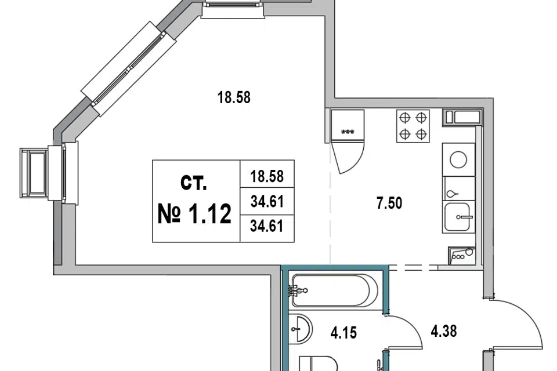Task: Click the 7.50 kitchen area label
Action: coord(389,203)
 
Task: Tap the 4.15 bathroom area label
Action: coord(343,333)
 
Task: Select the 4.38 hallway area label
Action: coord(444,331)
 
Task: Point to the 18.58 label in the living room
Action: coord(234,97)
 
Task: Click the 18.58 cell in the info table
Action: coord(267,176)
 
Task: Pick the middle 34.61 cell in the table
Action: coord(267,202)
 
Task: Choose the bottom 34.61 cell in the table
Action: coord(267,226)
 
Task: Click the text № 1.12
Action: coord(195,214)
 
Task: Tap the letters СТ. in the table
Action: coord(194,183)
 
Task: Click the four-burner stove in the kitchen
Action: coord(413,126)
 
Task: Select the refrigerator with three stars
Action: coord(348,126)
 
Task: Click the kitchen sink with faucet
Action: coord(458,217)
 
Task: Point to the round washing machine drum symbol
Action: coord(458,160)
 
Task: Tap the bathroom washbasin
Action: coord(301,329)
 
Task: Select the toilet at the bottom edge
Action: coord(318,363)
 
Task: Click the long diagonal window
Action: coord(129,69)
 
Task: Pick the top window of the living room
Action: coord(233,9)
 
